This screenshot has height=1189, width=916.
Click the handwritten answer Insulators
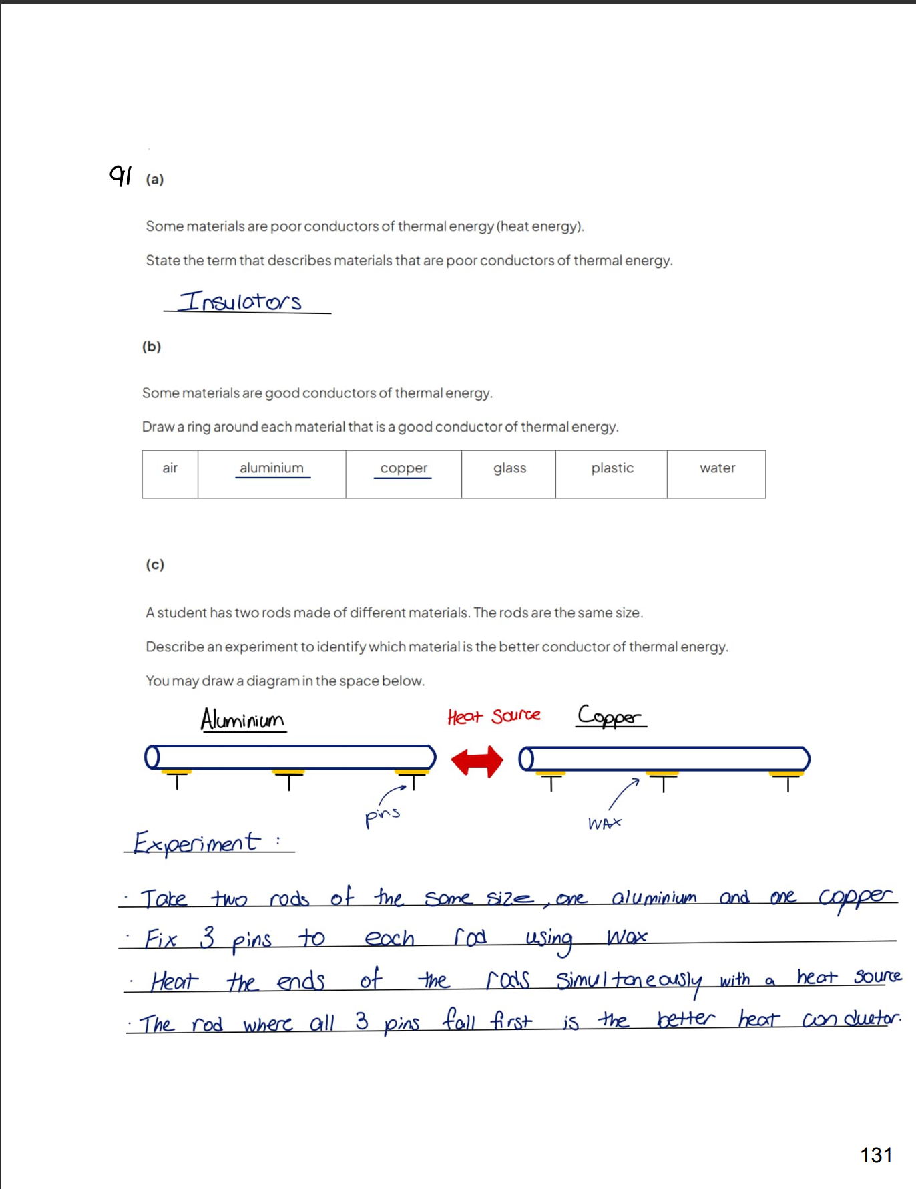[x=241, y=302]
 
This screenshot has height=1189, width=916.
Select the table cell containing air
[x=170, y=474]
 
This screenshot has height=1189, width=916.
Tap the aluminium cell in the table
[x=272, y=474]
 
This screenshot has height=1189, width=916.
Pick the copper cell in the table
[x=403, y=474]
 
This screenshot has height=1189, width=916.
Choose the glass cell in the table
[x=509, y=474]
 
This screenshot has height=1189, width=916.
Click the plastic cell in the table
[x=612, y=474]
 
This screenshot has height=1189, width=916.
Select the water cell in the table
[x=717, y=474]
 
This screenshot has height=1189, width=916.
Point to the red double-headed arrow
[x=477, y=761]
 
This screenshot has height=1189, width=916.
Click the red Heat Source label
[x=493, y=717]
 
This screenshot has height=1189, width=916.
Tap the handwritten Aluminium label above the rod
[x=243, y=720]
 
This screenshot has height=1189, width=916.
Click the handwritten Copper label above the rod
[x=610, y=717]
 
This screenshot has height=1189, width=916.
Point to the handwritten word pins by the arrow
[x=382, y=816]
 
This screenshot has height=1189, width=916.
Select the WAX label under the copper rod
[x=604, y=824]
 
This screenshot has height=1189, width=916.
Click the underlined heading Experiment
[x=197, y=842]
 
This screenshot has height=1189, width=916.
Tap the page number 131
[x=875, y=1155]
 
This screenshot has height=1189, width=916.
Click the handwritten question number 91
[x=121, y=176]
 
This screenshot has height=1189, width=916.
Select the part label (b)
[x=152, y=347]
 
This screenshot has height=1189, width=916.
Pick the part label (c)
[x=155, y=565]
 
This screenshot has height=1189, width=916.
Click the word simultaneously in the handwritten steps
[x=629, y=981]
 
